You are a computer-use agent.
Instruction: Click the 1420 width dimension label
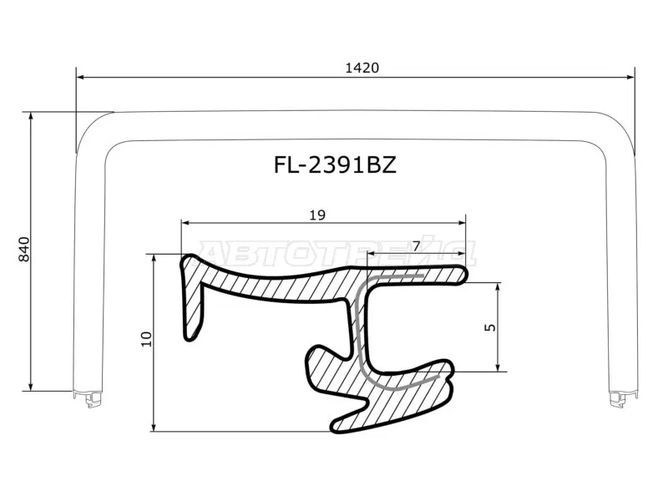tap(362, 68)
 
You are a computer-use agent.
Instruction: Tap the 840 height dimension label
tap(25, 249)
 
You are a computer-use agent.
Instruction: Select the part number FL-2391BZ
tap(335, 164)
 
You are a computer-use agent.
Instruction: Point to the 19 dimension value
tap(317, 215)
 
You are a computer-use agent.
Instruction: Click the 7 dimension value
tap(416, 245)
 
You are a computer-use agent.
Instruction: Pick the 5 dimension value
tap(491, 327)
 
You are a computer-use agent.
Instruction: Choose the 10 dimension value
tap(147, 339)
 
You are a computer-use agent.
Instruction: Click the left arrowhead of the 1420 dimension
tap(80, 77)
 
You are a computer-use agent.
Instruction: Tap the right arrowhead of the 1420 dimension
tap(630, 77)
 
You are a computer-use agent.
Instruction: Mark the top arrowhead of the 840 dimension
tap(30, 117)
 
